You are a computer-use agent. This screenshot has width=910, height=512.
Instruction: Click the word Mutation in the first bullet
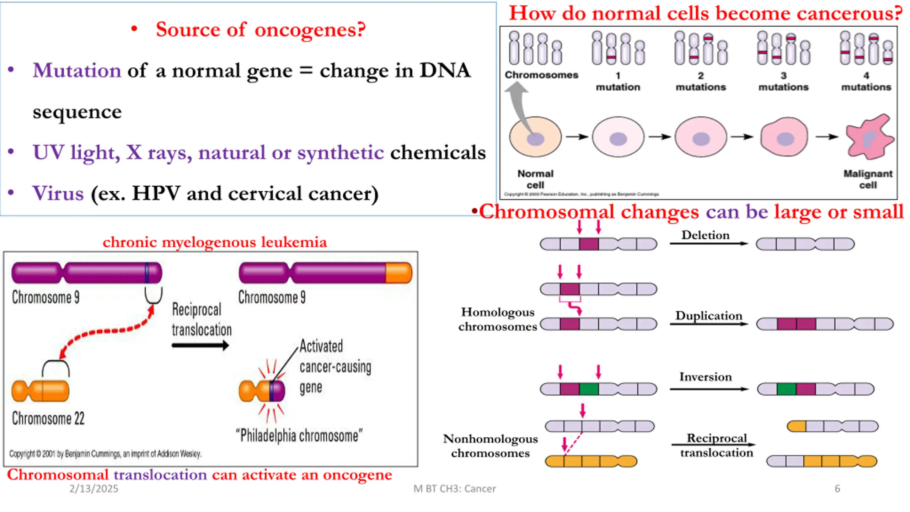pos(77,70)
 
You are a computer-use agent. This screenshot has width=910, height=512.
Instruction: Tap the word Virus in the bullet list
pos(58,193)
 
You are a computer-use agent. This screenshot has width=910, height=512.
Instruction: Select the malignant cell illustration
pos(869,137)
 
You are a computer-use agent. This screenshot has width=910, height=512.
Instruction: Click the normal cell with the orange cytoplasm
pos(535,137)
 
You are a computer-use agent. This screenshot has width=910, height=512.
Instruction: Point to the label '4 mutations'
pos(866,81)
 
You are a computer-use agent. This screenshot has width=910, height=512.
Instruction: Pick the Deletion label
pos(705,235)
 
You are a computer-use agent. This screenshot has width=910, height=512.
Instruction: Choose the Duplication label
pos(709,315)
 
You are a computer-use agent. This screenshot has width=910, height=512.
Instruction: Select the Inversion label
pos(706,377)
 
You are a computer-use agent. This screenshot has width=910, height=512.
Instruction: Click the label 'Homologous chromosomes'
pos(498,319)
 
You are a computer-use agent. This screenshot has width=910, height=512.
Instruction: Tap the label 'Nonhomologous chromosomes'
pos(491,446)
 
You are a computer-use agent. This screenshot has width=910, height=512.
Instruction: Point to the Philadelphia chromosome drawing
pos(262,391)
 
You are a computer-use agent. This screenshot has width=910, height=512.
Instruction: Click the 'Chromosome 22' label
pos(48,418)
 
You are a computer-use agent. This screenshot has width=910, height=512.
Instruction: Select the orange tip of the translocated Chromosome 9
pos(398,273)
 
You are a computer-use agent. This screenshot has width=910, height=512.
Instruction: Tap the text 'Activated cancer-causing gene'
pos(335,367)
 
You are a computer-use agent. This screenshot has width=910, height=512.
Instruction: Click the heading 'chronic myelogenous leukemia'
pos(215,242)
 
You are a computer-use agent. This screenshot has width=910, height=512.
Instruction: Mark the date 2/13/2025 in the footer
pos(94,489)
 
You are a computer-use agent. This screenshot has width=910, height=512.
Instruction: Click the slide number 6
pos(837,489)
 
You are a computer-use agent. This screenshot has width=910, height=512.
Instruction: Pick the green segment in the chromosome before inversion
pos(589,389)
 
